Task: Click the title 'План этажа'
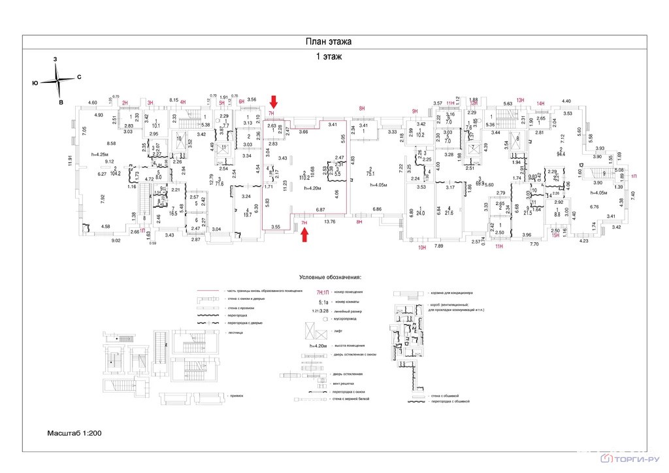click(329, 42)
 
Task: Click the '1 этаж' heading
click(329, 57)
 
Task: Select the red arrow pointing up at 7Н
click(304, 233)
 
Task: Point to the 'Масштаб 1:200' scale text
click(74, 433)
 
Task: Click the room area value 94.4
click(559, 154)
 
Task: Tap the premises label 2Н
click(125, 103)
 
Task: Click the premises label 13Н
click(520, 99)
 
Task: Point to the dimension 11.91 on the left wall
click(69, 158)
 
